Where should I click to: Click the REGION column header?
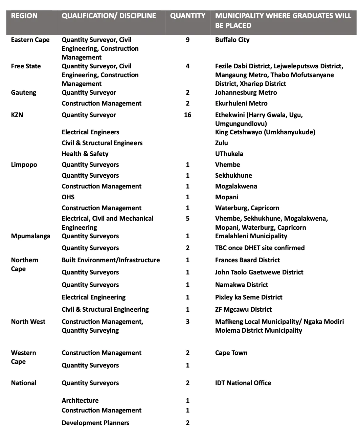click(24, 16)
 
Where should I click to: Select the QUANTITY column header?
click(187, 16)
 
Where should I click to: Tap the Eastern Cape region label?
click(30, 40)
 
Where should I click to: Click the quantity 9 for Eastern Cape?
click(187, 40)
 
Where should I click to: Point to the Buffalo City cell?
click(232, 40)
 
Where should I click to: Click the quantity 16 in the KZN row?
click(187, 115)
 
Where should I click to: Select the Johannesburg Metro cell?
click(246, 93)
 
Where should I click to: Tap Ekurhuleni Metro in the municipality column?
click(241, 104)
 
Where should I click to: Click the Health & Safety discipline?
click(85, 154)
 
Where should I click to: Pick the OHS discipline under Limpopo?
click(68, 197)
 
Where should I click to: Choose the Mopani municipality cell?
click(227, 197)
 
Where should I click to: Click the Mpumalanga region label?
click(30, 236)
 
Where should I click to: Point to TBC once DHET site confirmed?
click(260, 248)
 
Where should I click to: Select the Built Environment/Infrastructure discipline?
click(111, 260)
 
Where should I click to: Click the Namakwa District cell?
click(242, 285)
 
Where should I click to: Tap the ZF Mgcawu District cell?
click(243, 310)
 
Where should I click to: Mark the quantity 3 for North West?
click(187, 322)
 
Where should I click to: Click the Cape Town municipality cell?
click(231, 353)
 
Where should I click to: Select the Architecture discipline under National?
click(80, 401)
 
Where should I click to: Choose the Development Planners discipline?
click(95, 423)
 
